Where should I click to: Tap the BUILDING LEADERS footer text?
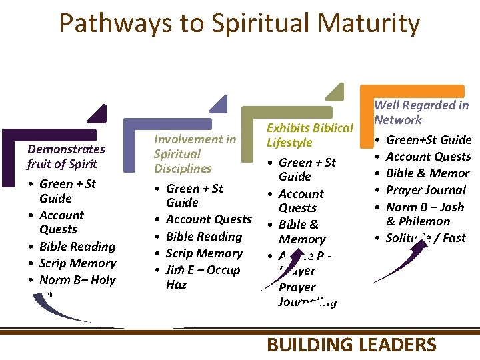pos(351,345)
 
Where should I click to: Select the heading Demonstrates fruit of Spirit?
pos(66,156)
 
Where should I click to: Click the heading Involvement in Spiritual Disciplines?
pos(195,153)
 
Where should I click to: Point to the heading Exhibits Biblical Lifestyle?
pos(309,135)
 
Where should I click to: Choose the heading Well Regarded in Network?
pos(421,112)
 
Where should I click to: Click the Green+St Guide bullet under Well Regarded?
pos(429,139)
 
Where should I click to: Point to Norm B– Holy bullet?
pos(77,280)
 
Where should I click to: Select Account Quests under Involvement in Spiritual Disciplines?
pos(208,219)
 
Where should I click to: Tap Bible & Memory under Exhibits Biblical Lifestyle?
pos(301,231)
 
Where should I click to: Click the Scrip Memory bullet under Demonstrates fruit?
pos(77,263)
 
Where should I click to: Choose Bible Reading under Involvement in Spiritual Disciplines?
pos(203,236)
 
